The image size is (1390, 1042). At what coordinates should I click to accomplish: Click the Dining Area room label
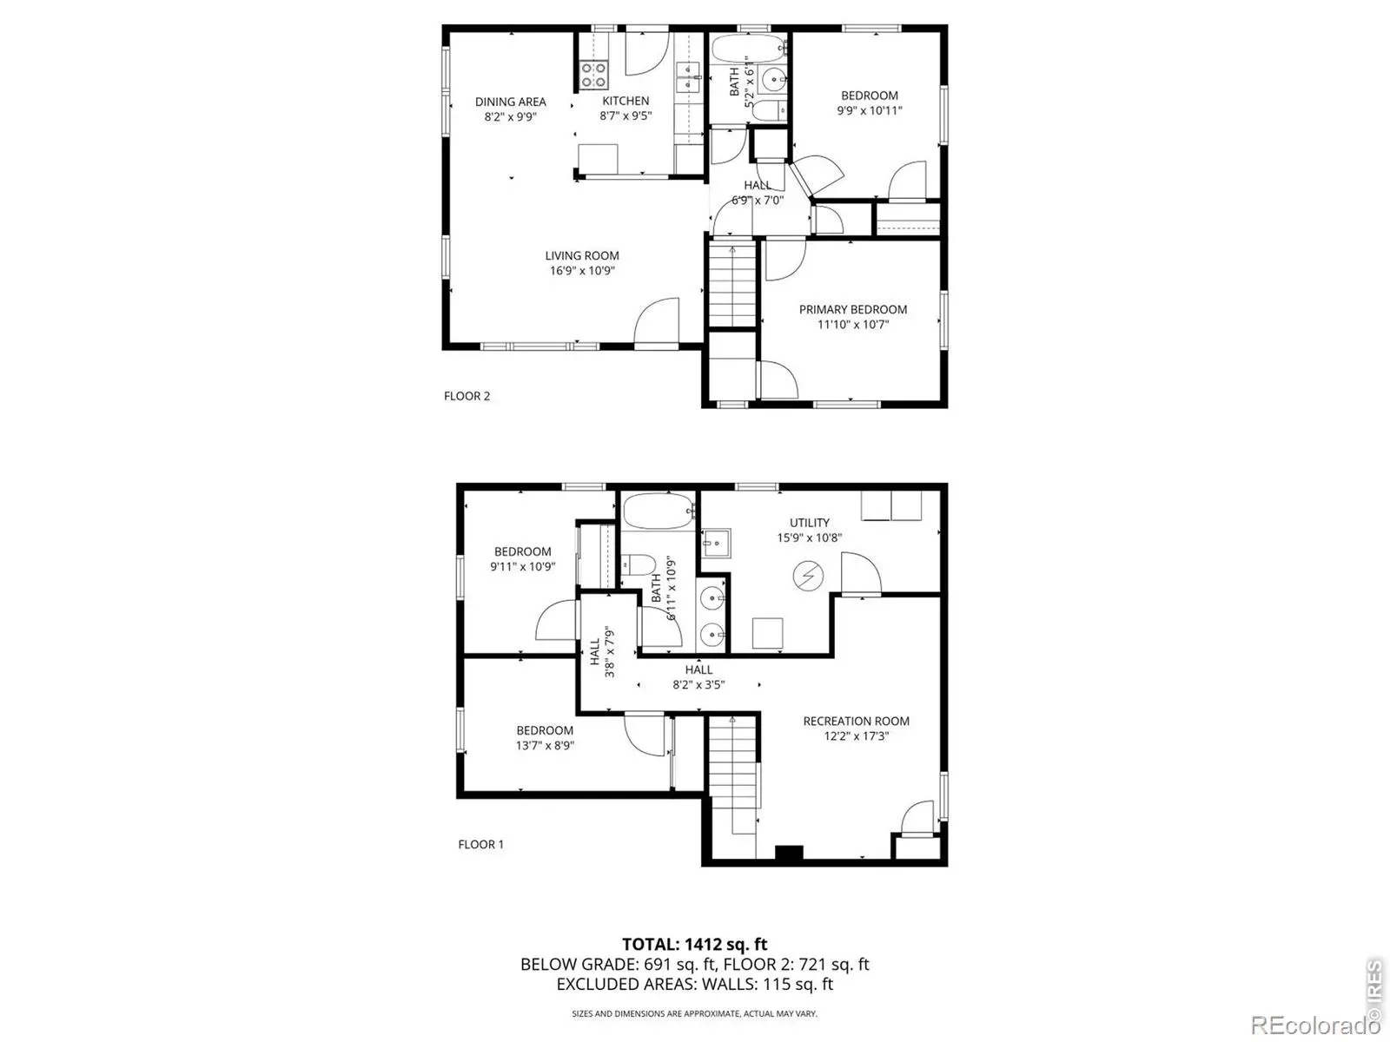(511, 102)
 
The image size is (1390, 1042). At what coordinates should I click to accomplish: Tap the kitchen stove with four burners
(150, 75)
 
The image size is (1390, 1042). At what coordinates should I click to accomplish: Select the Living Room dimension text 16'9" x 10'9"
(582, 271)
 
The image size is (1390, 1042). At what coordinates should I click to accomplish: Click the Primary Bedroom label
(852, 309)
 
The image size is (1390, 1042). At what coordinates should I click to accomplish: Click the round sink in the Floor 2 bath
(772, 80)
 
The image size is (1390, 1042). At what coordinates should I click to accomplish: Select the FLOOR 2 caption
(467, 396)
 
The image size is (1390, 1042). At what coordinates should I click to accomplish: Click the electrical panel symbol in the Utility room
(808, 577)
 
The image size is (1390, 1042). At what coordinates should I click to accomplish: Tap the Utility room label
(810, 523)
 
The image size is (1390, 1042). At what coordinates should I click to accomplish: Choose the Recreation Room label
(857, 722)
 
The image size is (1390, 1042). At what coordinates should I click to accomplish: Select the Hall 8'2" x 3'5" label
(698, 677)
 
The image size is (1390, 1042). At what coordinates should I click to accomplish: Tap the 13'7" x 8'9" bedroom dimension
(545, 745)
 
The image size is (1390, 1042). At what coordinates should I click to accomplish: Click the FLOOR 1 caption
(480, 844)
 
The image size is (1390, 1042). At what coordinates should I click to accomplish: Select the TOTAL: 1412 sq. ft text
(695, 945)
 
